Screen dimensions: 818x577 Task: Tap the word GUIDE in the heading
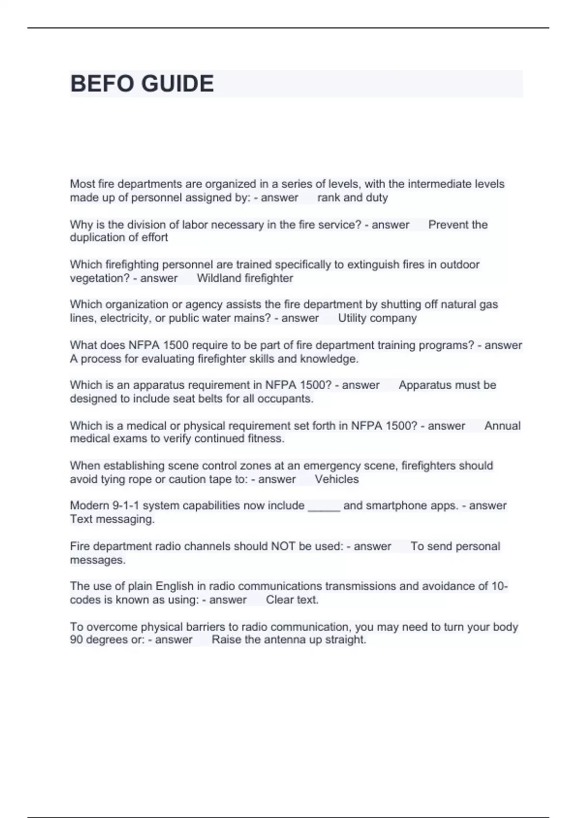point(178,84)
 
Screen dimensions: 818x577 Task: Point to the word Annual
point(502,426)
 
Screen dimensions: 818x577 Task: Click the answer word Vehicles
point(337,479)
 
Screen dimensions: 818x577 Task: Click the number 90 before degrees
point(76,639)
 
